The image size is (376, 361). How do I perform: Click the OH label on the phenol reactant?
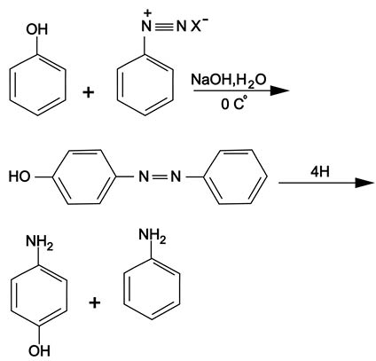(37, 29)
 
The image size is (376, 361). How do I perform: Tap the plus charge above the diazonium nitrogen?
(147, 12)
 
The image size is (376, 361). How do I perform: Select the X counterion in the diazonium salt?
(195, 27)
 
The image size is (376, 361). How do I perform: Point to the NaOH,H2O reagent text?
(229, 80)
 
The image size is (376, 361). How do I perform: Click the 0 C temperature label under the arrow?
(232, 104)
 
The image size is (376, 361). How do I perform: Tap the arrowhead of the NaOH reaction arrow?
(279, 90)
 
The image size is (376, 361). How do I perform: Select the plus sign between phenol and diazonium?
(89, 93)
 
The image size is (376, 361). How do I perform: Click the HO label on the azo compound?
(20, 177)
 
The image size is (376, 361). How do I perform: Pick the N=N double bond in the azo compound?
(160, 177)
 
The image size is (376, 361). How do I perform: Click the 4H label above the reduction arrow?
(320, 172)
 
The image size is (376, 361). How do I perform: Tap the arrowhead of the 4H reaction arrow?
(364, 183)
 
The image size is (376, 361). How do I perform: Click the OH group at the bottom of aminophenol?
(39, 351)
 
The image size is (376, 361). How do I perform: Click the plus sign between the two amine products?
(95, 302)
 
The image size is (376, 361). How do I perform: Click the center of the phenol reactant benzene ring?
(37, 84)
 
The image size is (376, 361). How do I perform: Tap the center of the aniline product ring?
(152, 288)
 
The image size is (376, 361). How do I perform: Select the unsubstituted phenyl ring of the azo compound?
(236, 177)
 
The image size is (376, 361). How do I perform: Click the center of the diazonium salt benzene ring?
(145, 84)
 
